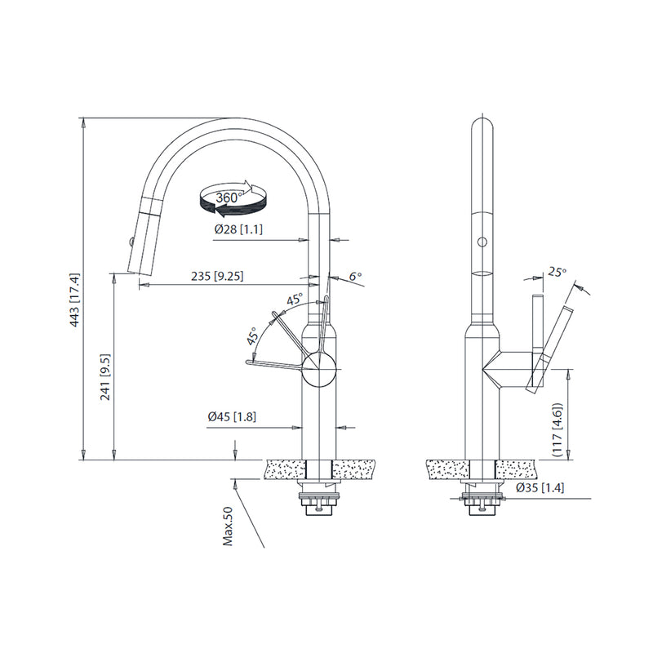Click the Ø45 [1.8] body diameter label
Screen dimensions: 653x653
click(233, 417)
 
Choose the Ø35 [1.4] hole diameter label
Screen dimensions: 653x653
click(540, 487)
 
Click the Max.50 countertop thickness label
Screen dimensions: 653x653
click(229, 526)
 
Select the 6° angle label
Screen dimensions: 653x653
click(354, 277)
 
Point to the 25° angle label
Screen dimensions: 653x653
click(557, 271)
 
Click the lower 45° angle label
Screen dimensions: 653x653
click(253, 335)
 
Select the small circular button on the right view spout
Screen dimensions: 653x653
click(482, 242)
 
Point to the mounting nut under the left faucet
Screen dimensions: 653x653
click(319, 500)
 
